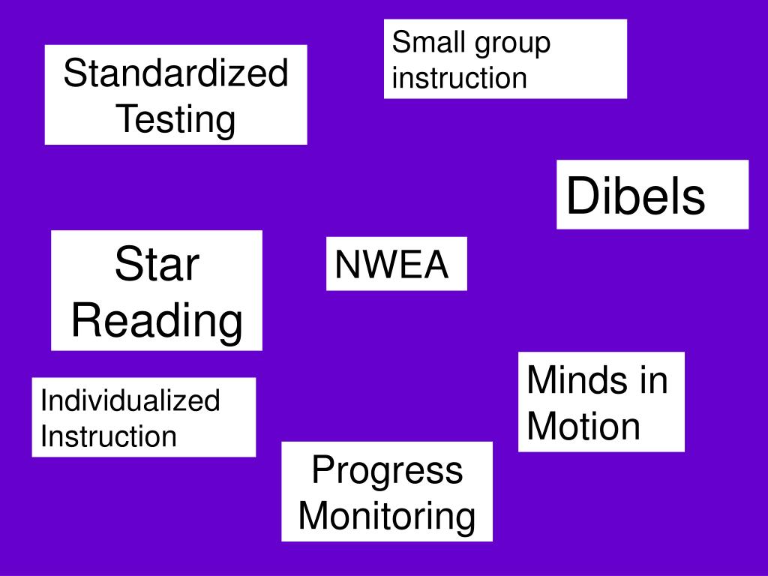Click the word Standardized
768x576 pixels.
pos(175,73)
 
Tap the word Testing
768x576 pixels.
pos(175,119)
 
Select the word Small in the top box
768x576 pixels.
pos(427,42)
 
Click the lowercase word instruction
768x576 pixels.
pos(460,78)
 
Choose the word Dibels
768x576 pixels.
pos(636,196)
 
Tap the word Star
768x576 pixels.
pos(157,263)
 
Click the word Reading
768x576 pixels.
pos(157,321)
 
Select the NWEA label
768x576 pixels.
pos(391,264)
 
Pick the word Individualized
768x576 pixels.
pos(130,400)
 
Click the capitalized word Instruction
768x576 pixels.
pos(109,436)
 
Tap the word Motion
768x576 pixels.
pos(583,426)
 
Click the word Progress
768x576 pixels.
pos(388,471)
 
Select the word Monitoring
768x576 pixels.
pos(387,516)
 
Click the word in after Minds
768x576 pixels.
pos(654,379)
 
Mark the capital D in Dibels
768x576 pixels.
pos(582,196)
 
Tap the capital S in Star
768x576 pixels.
pos(129,263)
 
